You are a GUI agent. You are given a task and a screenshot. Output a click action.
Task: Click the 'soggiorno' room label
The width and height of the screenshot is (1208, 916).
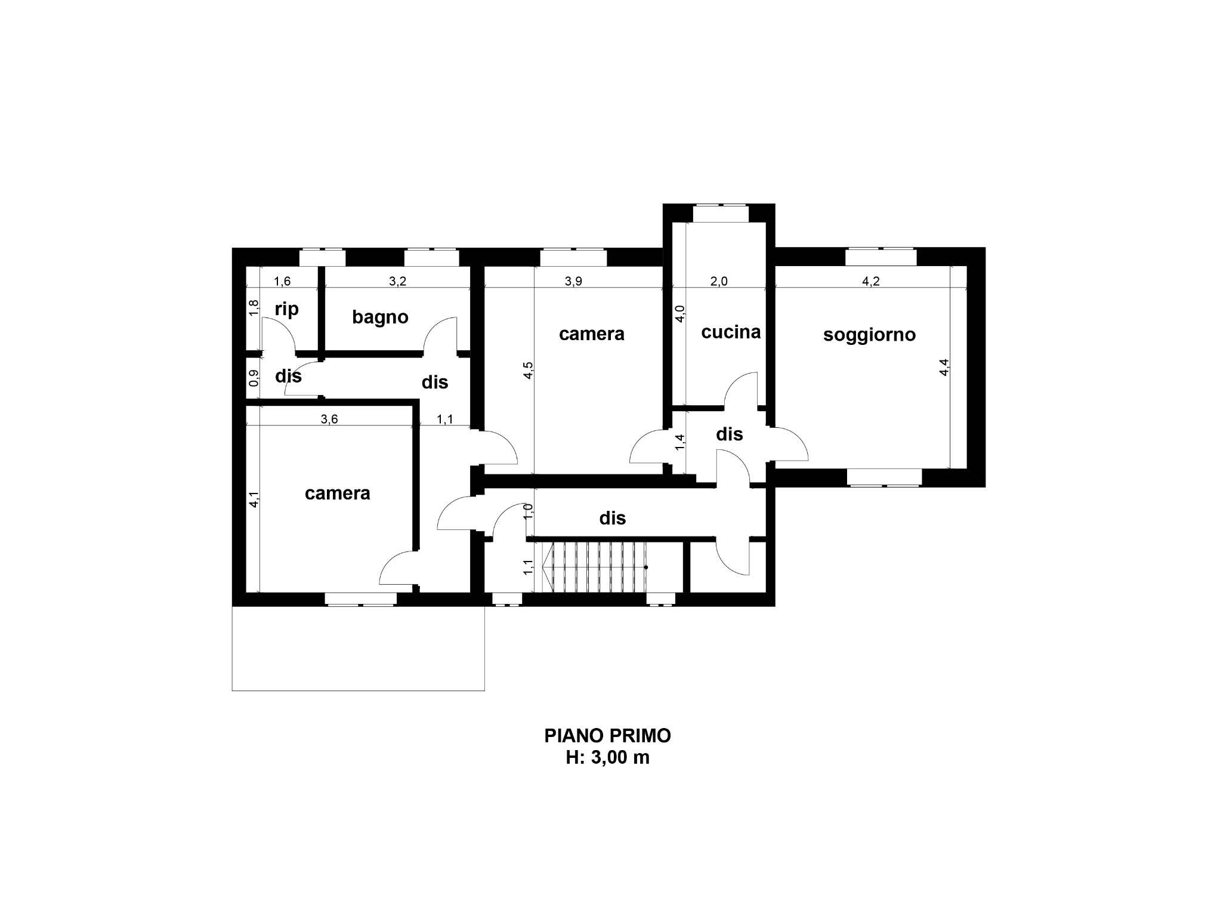pos(869,335)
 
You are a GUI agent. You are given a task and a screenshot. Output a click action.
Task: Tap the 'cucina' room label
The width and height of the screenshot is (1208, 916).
pos(731,332)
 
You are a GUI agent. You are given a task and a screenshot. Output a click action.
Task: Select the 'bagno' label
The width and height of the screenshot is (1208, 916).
pos(380,317)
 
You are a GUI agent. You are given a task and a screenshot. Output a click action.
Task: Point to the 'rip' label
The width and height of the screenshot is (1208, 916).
pos(286,309)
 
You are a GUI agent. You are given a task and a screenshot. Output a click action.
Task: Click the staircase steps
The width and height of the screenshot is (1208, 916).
pos(597,566)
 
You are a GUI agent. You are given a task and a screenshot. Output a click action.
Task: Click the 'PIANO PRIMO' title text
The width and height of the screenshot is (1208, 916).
pos(607,736)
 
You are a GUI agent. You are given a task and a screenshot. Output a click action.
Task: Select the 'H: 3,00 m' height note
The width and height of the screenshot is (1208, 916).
pos(607,758)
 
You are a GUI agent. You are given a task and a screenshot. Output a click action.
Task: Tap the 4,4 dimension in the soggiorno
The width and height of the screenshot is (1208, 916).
pos(944,366)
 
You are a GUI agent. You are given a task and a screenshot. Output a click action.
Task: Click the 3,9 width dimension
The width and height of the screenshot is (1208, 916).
pos(573,282)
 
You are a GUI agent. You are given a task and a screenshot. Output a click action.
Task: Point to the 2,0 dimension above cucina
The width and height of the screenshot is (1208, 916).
pos(719,282)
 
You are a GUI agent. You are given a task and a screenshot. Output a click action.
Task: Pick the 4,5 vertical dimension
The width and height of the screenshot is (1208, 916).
pos(529,371)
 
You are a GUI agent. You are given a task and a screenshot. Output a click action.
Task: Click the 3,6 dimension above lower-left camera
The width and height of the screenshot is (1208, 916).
pos(329,419)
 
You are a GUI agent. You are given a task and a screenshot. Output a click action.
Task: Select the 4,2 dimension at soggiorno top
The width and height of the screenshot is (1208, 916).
pos(871,282)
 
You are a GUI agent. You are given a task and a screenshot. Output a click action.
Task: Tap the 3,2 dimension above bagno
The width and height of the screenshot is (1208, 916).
pos(397,282)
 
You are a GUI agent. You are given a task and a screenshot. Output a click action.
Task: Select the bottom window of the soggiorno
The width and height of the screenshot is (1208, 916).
pos(885,477)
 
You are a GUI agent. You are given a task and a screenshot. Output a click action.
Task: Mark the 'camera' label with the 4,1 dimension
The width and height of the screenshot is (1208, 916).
pos(337,494)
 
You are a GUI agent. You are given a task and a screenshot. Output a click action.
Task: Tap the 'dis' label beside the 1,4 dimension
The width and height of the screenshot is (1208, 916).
pos(729,434)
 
